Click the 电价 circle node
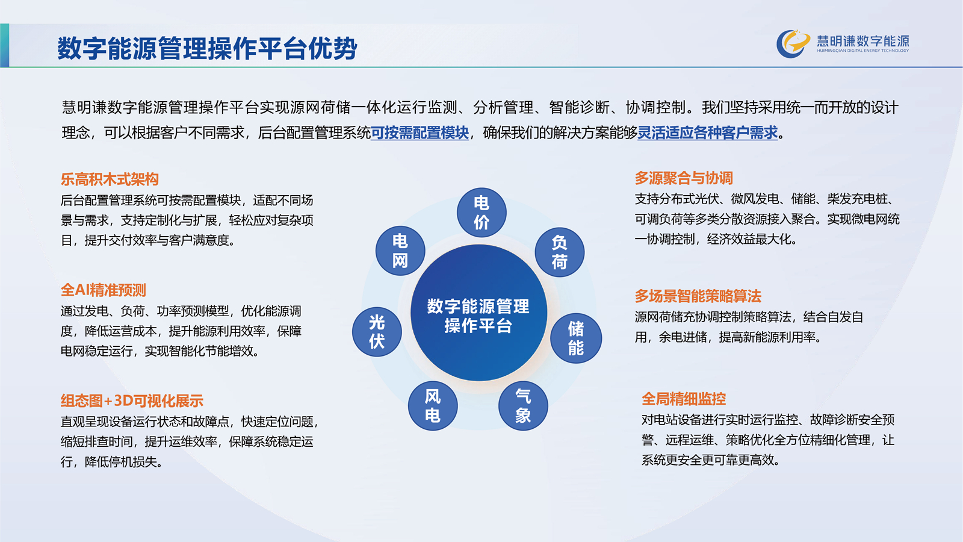[482, 213]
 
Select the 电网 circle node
[400, 251]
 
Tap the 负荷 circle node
[559, 252]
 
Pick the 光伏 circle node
[377, 332]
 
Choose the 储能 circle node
[576, 338]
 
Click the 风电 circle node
[433, 406]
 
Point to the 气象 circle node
[523, 406]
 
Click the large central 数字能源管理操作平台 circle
[478, 313]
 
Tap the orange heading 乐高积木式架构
[110, 179]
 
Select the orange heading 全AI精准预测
[103, 290]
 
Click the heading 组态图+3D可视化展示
[132, 401]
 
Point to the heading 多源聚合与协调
[684, 178]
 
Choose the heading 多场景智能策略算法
[698, 296]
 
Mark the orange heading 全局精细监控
[684, 399]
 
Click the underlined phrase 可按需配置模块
[420, 133]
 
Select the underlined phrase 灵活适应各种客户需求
[708, 133]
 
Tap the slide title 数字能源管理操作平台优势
[207, 48]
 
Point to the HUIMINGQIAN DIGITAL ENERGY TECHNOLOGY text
[863, 51]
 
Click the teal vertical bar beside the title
[5, 45]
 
